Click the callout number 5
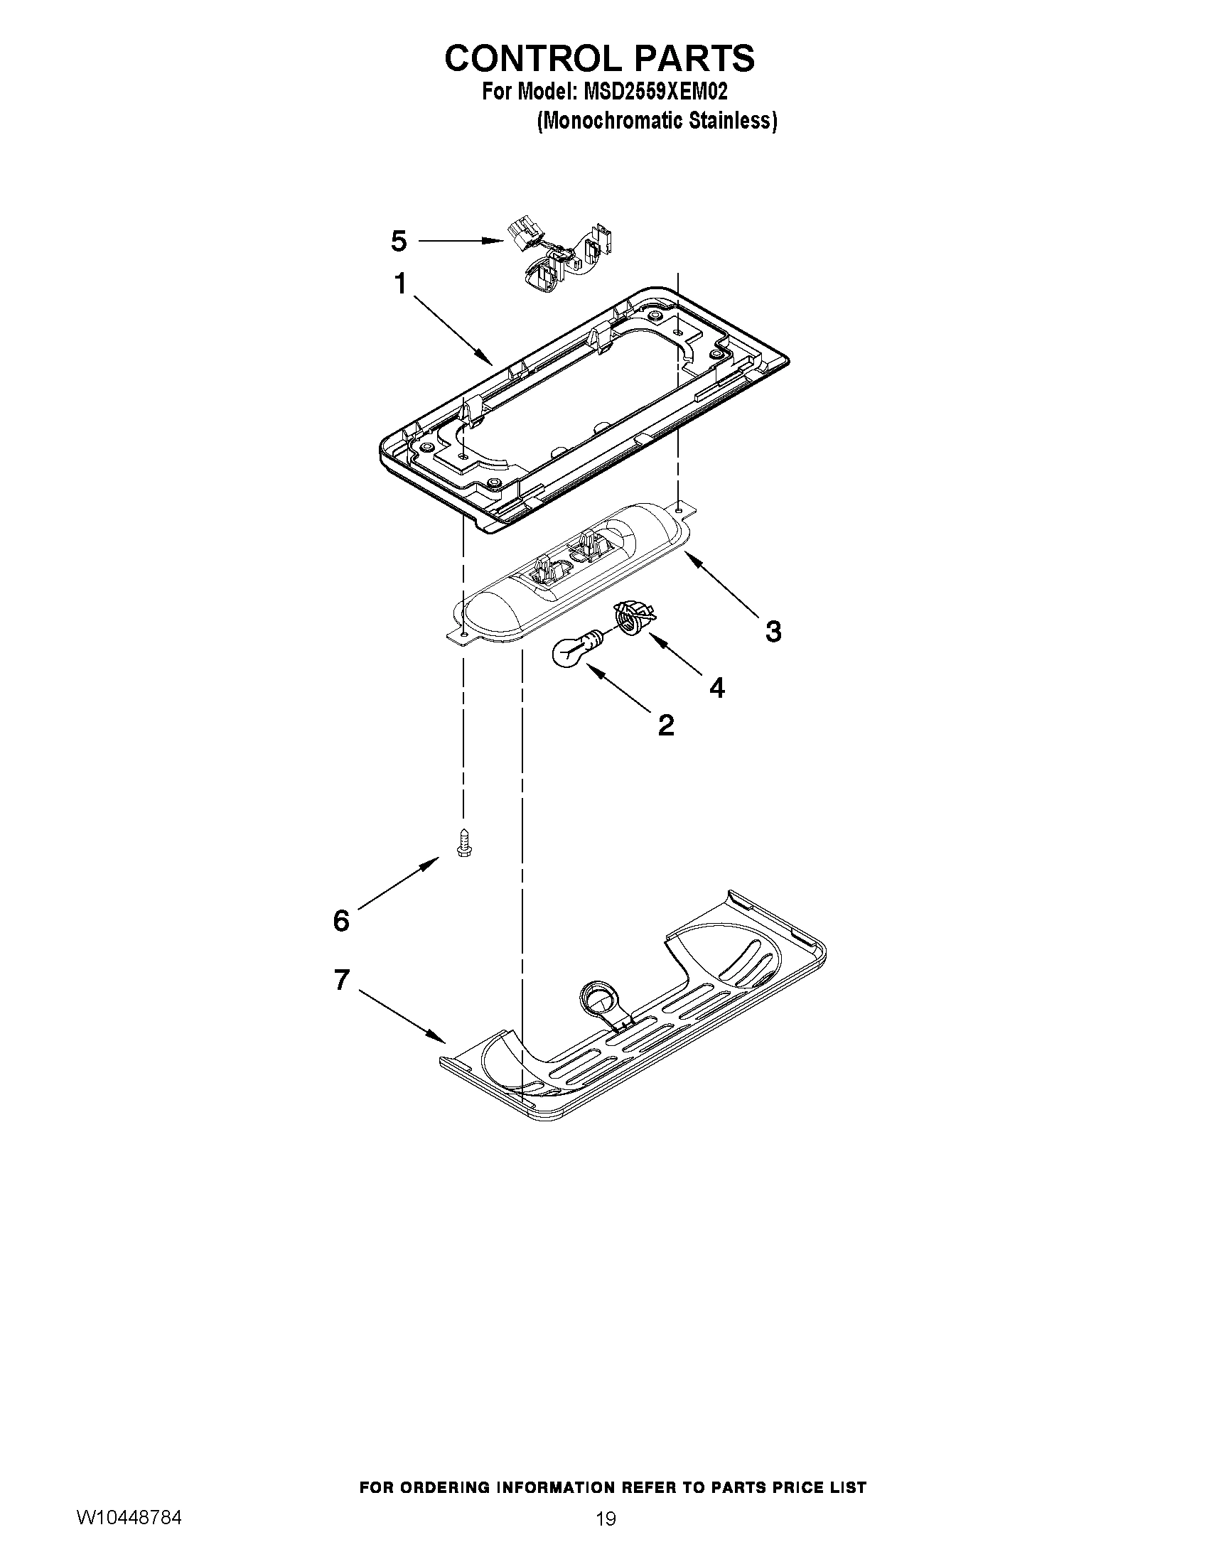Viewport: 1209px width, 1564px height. (x=399, y=242)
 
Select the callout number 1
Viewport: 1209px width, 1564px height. (x=400, y=284)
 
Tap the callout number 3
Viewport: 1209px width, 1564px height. (x=773, y=632)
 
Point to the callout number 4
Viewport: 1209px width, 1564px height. (x=716, y=688)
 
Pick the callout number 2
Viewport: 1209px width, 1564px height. (x=665, y=726)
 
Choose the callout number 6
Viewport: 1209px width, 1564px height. (x=341, y=921)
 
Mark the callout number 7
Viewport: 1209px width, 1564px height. (x=342, y=980)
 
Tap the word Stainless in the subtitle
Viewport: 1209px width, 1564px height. (x=733, y=121)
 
